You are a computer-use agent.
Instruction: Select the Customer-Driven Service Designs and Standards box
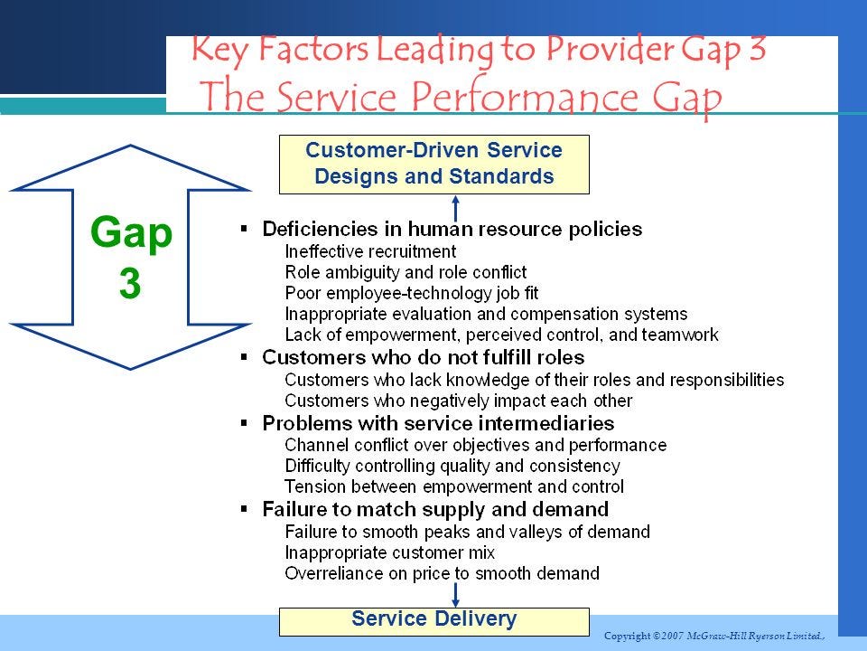coord(433,165)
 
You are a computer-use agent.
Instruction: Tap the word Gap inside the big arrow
coord(131,234)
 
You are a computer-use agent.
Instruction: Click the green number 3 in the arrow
coord(130,284)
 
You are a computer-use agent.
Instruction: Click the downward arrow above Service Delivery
coord(456,594)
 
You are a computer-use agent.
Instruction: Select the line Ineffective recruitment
coord(370,251)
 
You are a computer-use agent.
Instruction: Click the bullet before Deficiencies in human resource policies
coord(244,228)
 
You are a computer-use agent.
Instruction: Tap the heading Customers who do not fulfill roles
coord(423,357)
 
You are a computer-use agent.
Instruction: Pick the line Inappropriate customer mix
coord(389,552)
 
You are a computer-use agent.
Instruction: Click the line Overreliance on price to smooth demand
coord(442,573)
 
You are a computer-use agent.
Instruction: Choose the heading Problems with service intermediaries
coord(438,423)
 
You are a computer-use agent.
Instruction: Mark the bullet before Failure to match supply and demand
coord(244,508)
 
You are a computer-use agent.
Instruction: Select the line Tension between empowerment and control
coord(453,486)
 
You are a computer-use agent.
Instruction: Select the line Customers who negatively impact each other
coord(458,401)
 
